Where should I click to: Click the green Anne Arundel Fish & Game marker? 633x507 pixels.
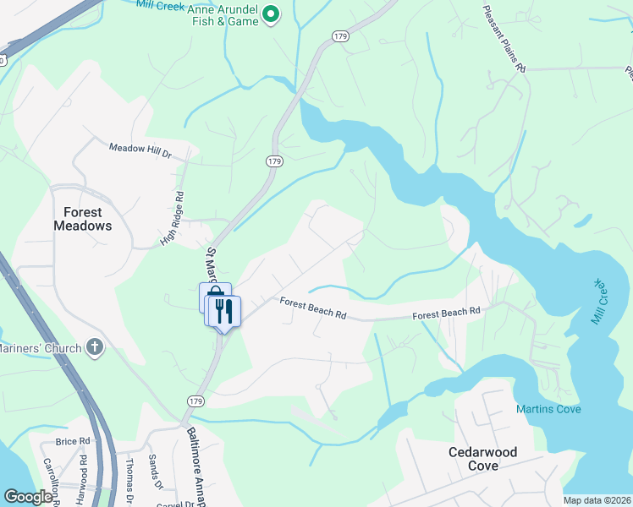coord(271,14)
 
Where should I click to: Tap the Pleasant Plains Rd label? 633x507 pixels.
coord(504,38)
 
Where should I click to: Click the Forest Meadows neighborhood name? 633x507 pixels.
coord(83,219)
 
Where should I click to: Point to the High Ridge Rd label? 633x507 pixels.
coord(172,219)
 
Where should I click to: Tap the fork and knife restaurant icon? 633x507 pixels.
coord(224,311)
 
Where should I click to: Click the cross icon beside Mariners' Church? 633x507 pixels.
coord(95,347)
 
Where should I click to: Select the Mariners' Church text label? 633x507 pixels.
coord(40,348)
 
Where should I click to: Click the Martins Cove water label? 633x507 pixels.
coord(548,410)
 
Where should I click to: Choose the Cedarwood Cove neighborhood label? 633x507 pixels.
coord(483,459)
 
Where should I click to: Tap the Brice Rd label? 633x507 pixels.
coord(72,441)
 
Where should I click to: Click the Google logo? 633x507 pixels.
coord(28,497)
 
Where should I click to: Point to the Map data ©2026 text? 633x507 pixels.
coord(597,500)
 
